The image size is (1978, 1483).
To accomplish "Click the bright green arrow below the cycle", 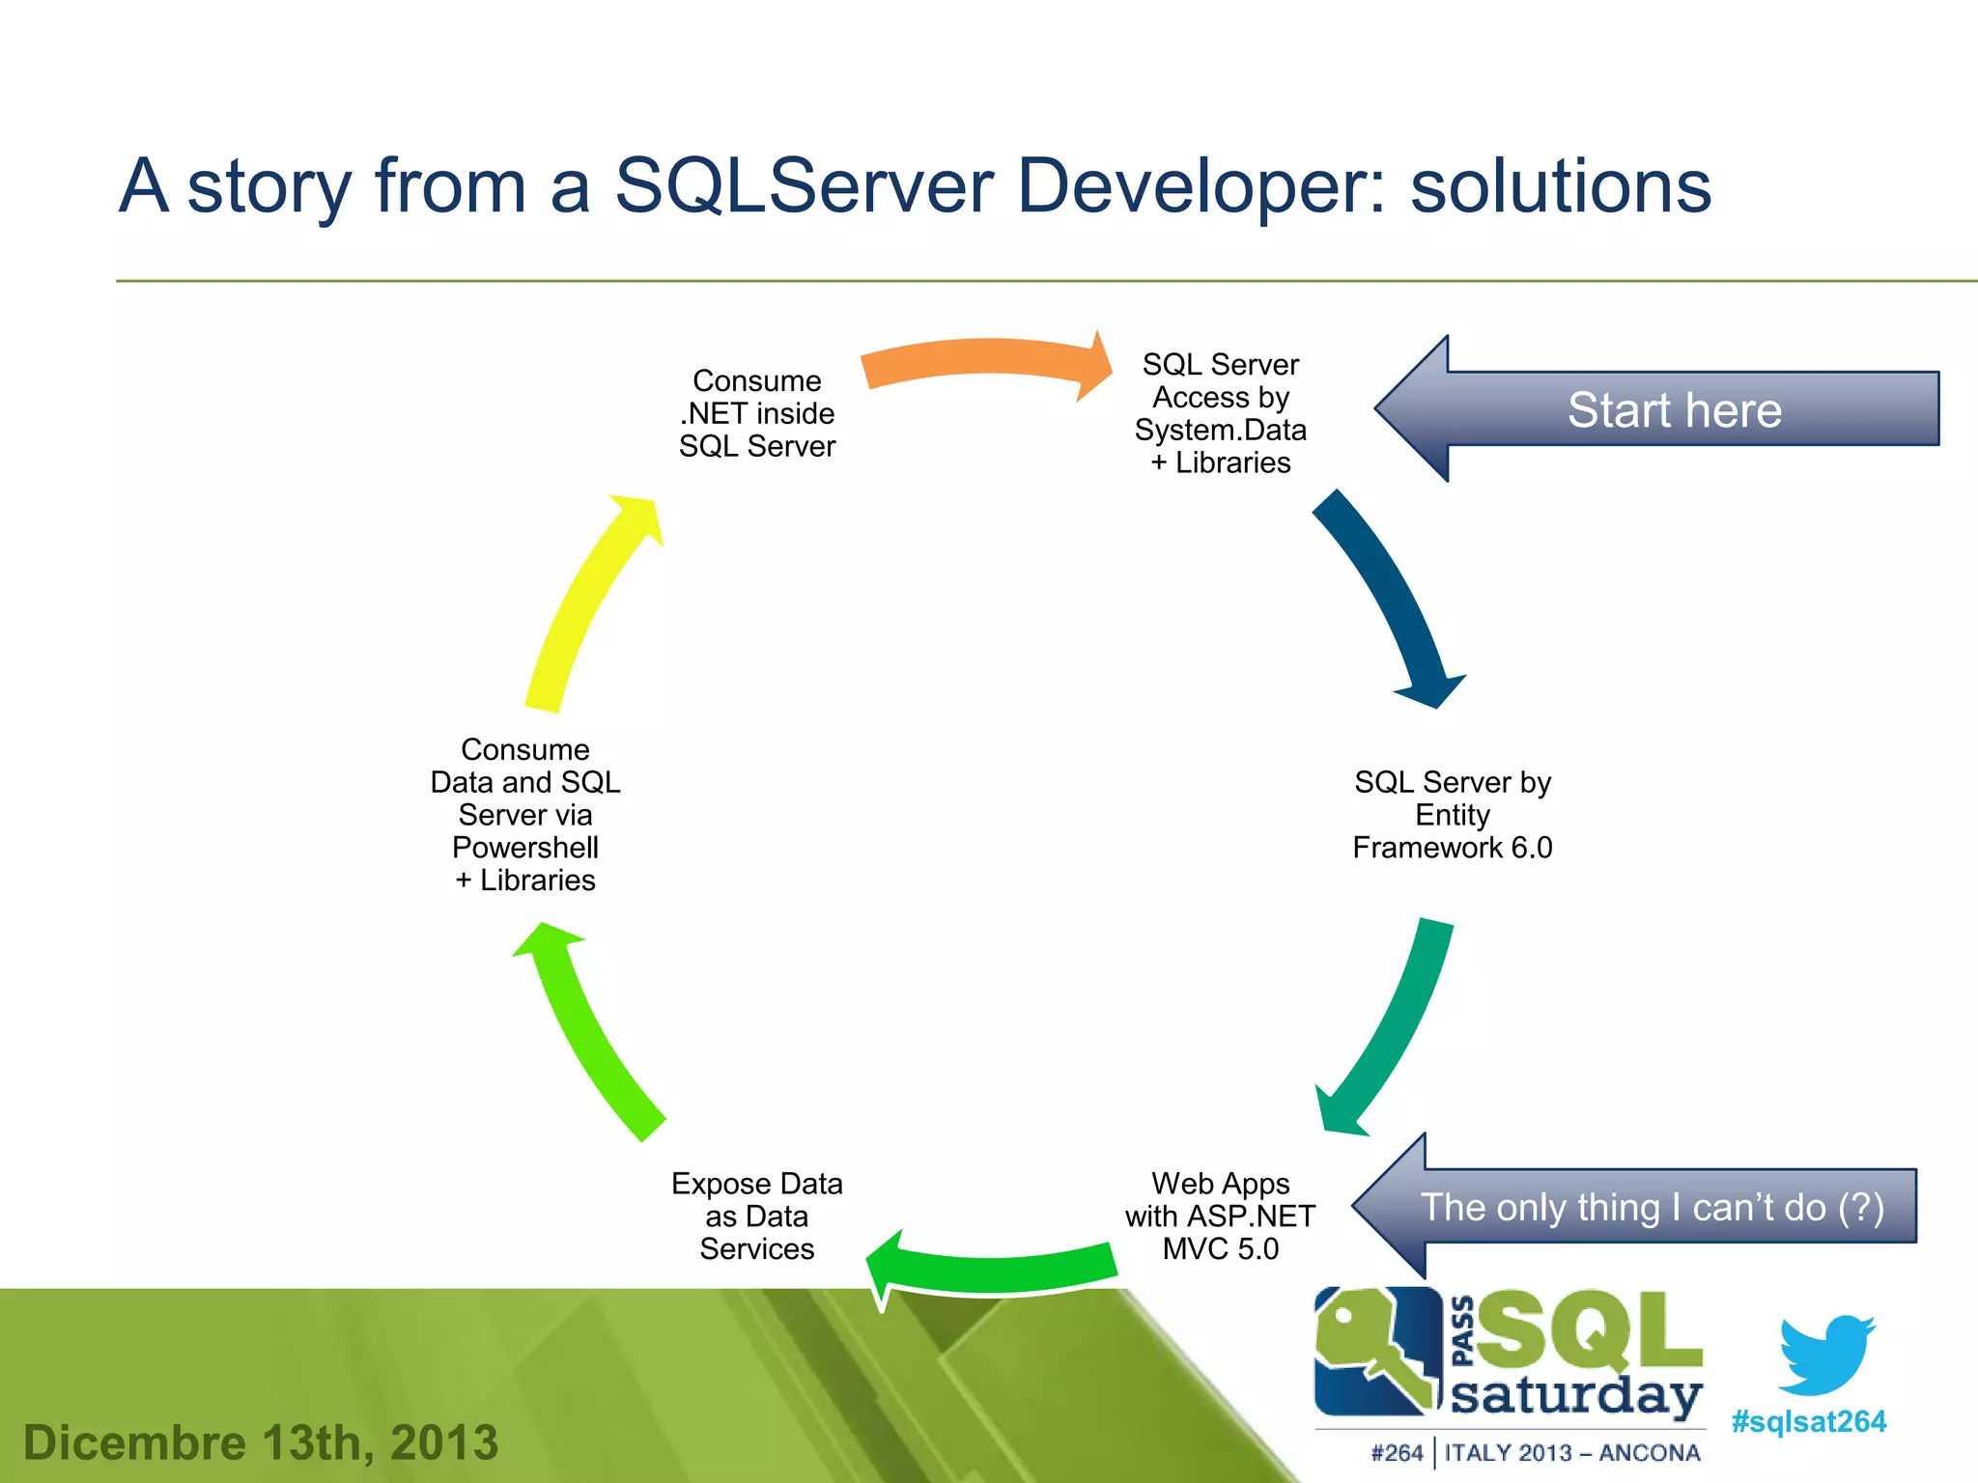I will pos(995,1270).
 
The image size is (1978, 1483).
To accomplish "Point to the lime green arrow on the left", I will pos(589,1033).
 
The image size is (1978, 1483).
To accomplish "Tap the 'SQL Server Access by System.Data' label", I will pos(1220,413).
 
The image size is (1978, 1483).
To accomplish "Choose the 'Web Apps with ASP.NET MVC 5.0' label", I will pos(1220,1217).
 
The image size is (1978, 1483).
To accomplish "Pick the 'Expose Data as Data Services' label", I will pos(756,1217).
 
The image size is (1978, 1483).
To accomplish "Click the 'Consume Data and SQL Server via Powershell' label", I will pos(525,815).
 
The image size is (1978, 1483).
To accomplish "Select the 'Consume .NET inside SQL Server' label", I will pos(756,413).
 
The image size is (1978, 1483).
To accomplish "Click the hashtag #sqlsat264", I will pos(1808,1421).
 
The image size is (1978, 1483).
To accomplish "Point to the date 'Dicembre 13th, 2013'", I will pos(261,1442).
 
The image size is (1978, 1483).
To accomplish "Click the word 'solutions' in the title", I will pos(1560,185).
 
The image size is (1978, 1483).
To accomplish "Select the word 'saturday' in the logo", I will pos(1576,1396).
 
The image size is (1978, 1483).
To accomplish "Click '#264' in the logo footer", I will pos(1397,1453).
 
